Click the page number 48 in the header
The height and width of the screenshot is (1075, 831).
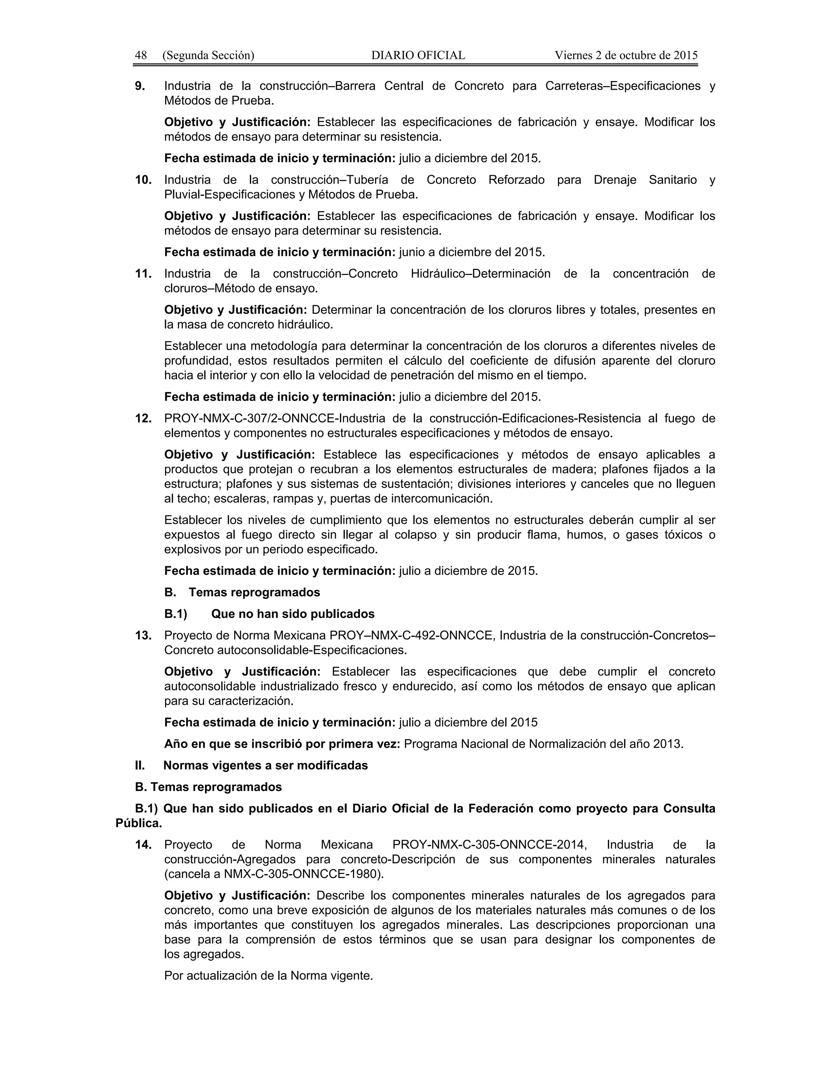pyautogui.click(x=141, y=55)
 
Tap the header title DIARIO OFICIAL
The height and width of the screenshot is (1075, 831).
pyautogui.click(x=418, y=55)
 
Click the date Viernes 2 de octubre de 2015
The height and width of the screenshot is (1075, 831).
pyautogui.click(x=626, y=55)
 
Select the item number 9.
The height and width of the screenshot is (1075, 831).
pyautogui.click(x=140, y=86)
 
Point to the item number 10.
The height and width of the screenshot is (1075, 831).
pyautogui.click(x=143, y=180)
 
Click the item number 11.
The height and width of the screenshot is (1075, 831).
pyautogui.click(x=143, y=274)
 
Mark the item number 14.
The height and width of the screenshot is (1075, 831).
pyautogui.click(x=143, y=845)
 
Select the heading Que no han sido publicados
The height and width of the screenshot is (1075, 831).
pyautogui.click(x=293, y=614)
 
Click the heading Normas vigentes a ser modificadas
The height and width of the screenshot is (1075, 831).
pyautogui.click(x=265, y=765)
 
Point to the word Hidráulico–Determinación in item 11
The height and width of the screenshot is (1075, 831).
pyautogui.click(x=480, y=274)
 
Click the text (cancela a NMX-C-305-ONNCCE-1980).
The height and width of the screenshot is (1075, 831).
pyautogui.click(x=274, y=875)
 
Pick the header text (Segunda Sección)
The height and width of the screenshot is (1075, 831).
pyautogui.click(x=208, y=55)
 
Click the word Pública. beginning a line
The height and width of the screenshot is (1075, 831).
pyautogui.click(x=139, y=823)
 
